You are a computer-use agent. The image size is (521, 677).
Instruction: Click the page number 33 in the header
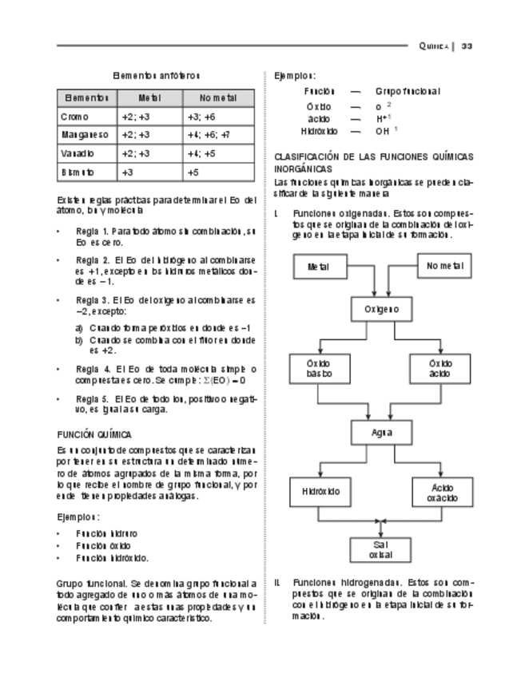tap(467, 46)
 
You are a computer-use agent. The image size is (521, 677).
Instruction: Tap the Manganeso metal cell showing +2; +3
tap(134, 135)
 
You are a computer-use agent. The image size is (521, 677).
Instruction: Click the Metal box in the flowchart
tap(318, 267)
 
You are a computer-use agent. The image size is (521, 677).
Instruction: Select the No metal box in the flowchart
tap(444, 266)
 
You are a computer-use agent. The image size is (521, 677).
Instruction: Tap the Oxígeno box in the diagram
tap(381, 309)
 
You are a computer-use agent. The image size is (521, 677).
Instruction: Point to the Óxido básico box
tap(318, 368)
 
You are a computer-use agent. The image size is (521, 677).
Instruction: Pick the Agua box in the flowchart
tap(381, 432)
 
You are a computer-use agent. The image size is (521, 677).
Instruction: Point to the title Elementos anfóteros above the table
tap(156, 75)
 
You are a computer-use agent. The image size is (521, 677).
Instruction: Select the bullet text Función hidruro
tap(105, 532)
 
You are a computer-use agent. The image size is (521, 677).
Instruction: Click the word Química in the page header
tap(434, 46)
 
